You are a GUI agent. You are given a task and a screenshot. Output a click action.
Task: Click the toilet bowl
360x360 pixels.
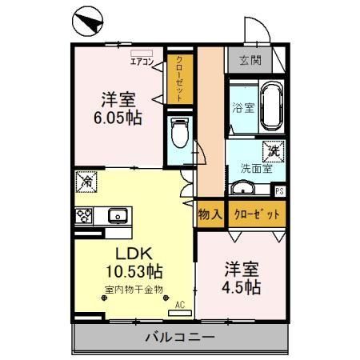[x=179, y=131]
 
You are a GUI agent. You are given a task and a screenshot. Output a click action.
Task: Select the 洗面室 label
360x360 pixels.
[x=256, y=168]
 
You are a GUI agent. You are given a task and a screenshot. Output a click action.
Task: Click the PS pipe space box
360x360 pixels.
[x=279, y=191]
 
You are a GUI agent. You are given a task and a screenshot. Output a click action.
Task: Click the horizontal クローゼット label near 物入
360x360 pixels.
[x=256, y=214]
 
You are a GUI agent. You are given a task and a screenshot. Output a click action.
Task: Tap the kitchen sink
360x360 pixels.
[x=117, y=215]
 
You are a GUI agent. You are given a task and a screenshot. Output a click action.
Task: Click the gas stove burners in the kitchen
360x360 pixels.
[x=84, y=215]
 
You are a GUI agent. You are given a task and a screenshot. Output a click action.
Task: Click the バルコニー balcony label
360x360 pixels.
[x=180, y=337]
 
